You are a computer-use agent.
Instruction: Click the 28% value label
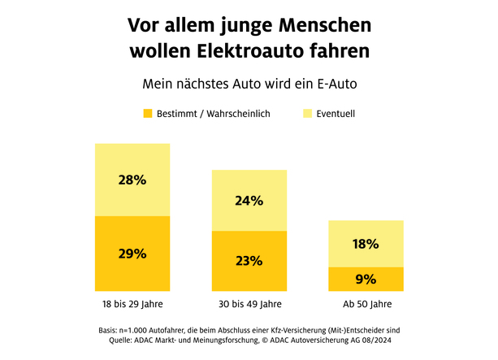[132, 180]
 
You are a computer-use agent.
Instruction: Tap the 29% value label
[132, 254]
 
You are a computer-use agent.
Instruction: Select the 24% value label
[249, 201]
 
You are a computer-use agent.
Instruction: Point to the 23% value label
[249, 261]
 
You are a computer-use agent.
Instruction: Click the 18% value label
[366, 244]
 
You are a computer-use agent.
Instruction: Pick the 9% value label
[366, 279]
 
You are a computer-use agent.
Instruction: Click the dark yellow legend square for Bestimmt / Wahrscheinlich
[148, 114]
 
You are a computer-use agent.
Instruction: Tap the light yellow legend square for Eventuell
[308, 114]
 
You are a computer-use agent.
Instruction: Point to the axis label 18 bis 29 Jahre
[132, 305]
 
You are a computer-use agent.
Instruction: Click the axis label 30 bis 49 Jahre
[249, 305]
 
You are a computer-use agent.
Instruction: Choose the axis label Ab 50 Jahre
[366, 305]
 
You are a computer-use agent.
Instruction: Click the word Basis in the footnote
[107, 330]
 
